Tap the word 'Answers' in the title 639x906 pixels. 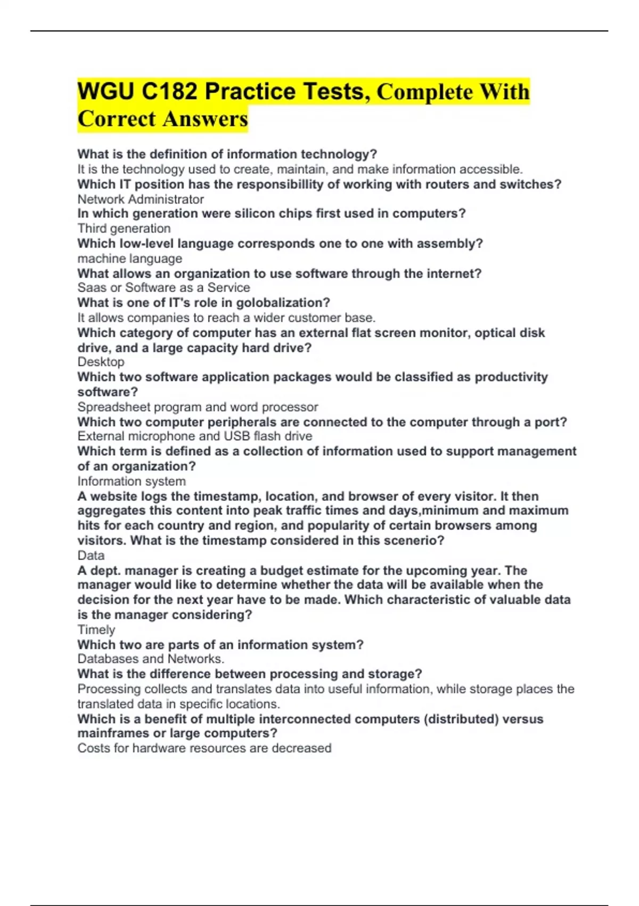[x=206, y=119]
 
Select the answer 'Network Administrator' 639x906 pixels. [x=141, y=199]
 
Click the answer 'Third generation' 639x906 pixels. [x=124, y=229]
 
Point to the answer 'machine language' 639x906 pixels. [x=130, y=258]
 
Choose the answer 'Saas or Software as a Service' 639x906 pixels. [x=163, y=288]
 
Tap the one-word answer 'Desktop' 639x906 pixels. [x=101, y=362]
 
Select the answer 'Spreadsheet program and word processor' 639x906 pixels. [x=198, y=407]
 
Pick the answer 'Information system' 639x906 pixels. [x=132, y=481]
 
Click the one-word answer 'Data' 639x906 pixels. [x=91, y=555]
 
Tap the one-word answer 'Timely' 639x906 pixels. [x=96, y=630]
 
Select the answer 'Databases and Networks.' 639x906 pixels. [x=151, y=659]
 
